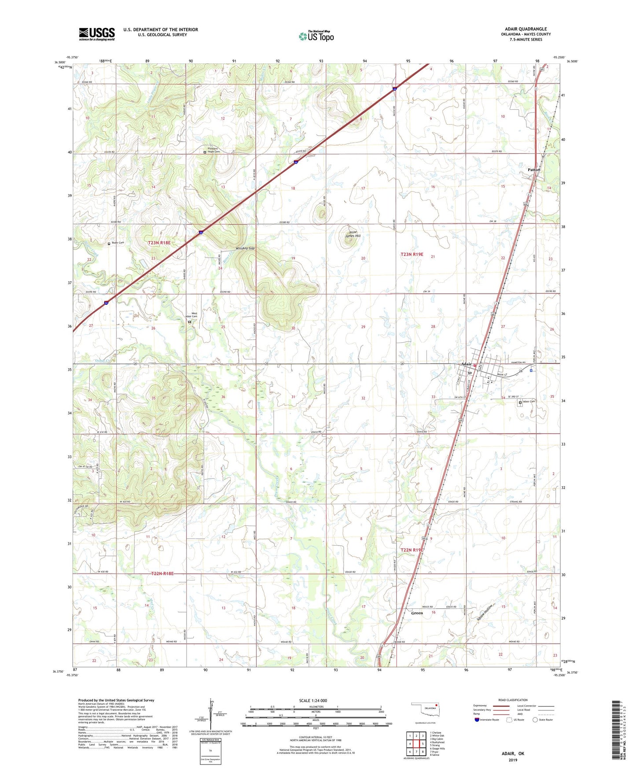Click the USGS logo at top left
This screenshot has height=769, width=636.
[96, 34]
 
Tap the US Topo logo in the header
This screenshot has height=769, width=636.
[316, 36]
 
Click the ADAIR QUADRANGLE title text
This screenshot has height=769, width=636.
[526, 29]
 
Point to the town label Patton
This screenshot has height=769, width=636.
[534, 170]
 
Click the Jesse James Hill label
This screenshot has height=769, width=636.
[353, 234]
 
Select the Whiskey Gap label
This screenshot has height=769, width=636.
[245, 248]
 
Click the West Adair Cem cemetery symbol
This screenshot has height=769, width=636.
[189, 322]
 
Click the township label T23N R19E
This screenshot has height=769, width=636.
[412, 254]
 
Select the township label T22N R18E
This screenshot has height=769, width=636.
[162, 573]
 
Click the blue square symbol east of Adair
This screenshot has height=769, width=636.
[531, 370]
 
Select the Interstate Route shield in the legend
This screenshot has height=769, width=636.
[478, 720]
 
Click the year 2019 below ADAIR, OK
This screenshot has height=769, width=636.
[513, 760]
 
